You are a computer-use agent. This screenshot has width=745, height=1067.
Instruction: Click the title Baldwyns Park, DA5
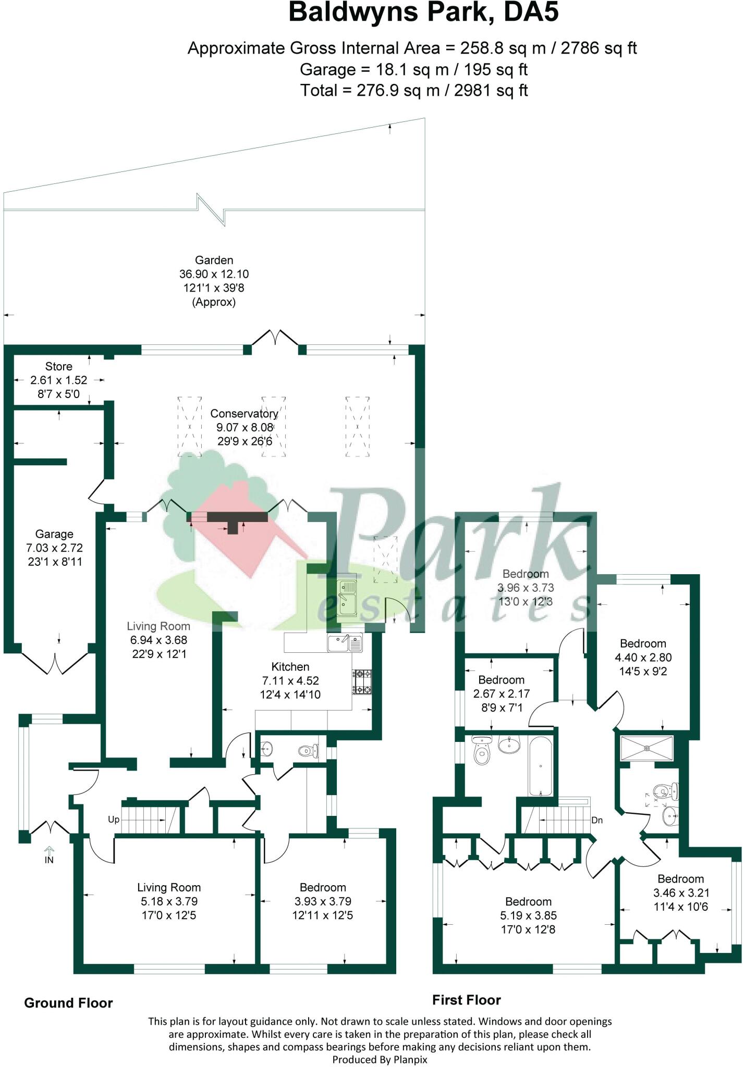point(423,13)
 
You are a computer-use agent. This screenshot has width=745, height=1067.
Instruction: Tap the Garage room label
point(54,534)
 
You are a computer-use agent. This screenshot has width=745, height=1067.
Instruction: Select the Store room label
point(58,366)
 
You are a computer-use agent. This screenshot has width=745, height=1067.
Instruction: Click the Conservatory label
point(244,414)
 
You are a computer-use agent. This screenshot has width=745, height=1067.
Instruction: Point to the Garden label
point(214,260)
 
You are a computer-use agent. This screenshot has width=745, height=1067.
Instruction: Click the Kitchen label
point(290,667)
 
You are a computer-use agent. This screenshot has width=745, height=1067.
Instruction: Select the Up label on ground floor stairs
point(114,820)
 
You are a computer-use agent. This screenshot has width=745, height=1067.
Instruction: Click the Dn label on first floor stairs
point(597,820)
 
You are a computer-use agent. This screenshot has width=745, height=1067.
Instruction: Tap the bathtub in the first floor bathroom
point(541,766)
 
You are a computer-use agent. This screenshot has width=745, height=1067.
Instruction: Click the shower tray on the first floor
point(646,748)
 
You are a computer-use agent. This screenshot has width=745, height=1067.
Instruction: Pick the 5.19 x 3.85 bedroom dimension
point(528,915)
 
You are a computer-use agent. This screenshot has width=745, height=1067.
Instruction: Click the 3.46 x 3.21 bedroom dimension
point(680,892)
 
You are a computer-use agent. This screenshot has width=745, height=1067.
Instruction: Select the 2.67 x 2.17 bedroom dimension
point(501,694)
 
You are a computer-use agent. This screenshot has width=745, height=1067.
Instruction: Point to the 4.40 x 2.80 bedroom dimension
point(643,657)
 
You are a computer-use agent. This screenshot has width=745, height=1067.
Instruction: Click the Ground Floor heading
point(68,1003)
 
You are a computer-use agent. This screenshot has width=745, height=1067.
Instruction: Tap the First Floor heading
point(466,1000)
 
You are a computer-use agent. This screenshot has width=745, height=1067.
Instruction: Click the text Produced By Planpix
point(380,1059)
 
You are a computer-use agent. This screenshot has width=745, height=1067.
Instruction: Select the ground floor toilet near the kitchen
point(308,751)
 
